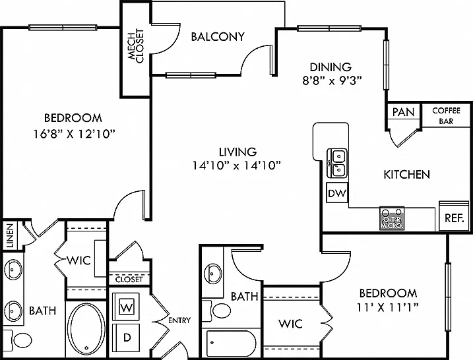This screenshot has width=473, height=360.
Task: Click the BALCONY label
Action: (218, 37)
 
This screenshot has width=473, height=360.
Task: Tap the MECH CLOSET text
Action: (135, 46)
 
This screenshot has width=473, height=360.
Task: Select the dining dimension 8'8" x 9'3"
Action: (332, 80)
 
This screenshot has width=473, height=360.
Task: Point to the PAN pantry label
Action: (403, 112)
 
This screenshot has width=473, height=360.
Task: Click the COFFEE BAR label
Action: (446, 116)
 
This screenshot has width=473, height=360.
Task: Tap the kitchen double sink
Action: (338, 163)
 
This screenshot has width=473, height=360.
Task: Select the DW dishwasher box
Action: (337, 193)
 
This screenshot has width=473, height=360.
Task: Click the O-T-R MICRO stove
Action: (392, 218)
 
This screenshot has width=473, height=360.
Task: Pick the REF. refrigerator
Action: (454, 216)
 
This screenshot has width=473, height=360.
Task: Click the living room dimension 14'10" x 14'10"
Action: (237, 165)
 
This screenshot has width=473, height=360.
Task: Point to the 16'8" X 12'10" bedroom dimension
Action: (75, 134)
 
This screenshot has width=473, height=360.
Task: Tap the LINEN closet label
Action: (11, 235)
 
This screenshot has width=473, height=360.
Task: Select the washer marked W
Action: (126, 307)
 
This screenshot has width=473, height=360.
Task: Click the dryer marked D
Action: (126, 338)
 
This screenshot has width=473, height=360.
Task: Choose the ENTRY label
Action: (179, 320)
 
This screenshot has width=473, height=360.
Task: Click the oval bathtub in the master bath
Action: (86, 330)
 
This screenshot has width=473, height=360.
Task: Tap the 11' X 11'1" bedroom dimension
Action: (388, 307)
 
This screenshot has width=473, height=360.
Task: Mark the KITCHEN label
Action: (406, 175)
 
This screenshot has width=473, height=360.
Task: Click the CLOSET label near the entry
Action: (129, 280)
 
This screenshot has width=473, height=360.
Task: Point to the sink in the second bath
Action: (213, 274)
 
